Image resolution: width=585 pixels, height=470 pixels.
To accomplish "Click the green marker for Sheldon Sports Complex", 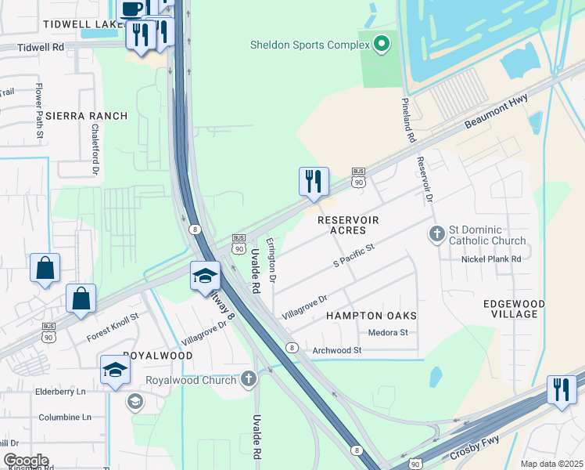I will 382,44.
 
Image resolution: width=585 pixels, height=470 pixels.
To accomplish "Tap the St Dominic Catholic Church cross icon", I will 437,233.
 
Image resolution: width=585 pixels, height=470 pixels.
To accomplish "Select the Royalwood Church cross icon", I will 249,380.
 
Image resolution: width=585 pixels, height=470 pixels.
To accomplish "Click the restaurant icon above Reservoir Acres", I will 314,182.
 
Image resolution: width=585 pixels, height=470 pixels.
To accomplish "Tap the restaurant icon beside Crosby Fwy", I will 561,389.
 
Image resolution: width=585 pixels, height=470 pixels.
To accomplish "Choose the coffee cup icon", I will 131,9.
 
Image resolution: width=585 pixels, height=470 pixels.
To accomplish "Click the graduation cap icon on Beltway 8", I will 205,276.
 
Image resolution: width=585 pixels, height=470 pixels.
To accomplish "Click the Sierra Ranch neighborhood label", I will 86,116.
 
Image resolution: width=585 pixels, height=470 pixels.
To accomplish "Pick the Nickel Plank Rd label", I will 491,259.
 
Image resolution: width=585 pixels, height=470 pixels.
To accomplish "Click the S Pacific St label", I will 354,255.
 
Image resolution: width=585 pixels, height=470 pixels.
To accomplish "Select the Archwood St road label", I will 336,350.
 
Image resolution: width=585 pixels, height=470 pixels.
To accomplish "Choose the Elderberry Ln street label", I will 59,392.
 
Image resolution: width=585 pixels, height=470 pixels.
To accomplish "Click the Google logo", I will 26,461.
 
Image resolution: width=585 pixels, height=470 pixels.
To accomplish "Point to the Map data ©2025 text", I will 551,464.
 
